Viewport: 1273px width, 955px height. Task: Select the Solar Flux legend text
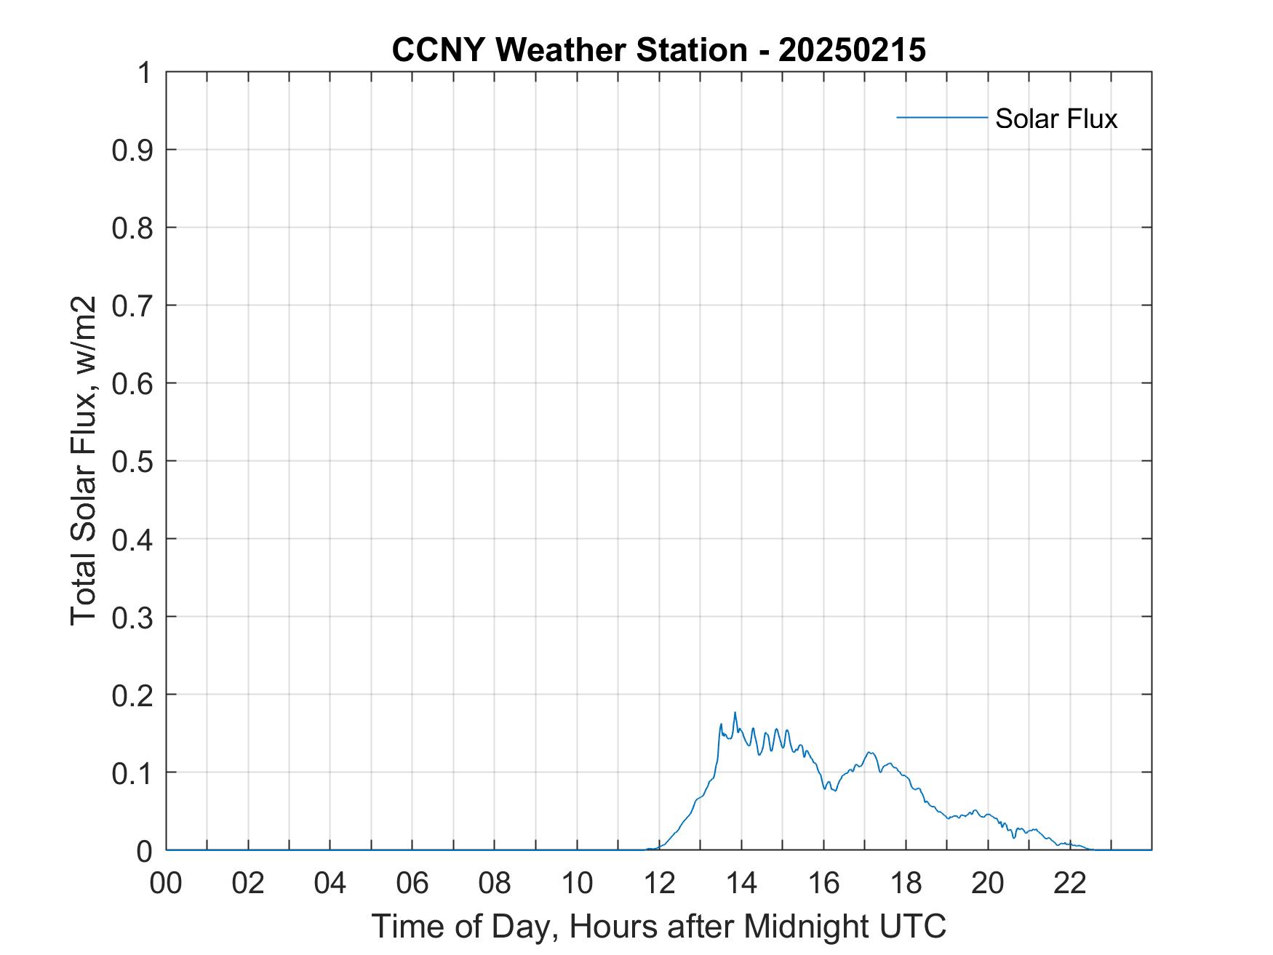[1055, 119]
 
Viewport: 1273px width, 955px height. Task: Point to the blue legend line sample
[941, 117]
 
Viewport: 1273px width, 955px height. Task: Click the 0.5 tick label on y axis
[132, 461]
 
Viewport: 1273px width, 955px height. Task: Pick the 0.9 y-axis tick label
[132, 150]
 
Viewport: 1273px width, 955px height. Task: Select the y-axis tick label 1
[145, 73]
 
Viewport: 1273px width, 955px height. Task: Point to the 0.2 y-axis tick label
[132, 695]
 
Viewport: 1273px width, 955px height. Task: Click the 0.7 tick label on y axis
[132, 305]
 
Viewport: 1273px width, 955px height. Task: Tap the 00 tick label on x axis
[166, 884]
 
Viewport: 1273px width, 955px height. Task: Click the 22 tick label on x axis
[1070, 884]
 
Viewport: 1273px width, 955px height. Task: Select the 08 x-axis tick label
[495, 884]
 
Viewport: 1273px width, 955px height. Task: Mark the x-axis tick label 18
[906, 884]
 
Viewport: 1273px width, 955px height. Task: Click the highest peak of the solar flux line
[735, 713]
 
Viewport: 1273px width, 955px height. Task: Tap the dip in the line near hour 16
[834, 790]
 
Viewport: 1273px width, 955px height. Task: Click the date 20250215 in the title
[852, 50]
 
